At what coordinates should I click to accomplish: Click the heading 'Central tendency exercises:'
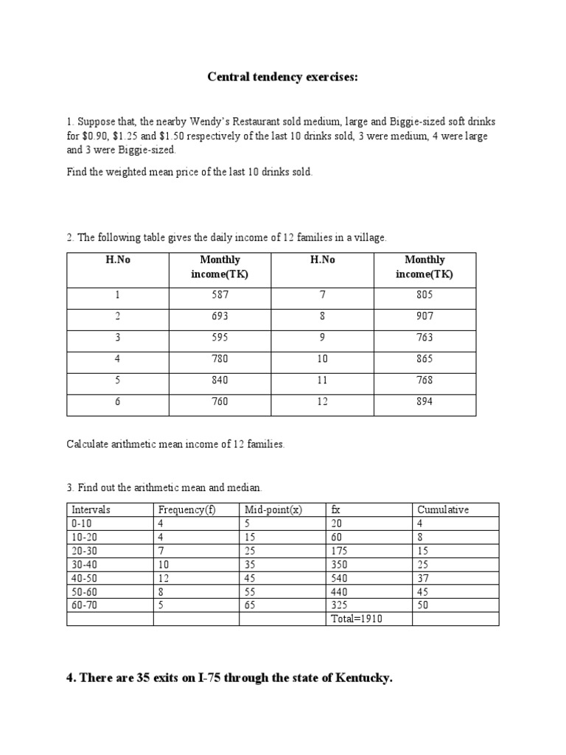pyautogui.click(x=282, y=78)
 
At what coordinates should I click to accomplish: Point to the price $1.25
pyautogui.click(x=130, y=136)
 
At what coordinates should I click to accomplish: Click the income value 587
pyautogui.click(x=220, y=294)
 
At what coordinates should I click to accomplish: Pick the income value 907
pyautogui.click(x=424, y=316)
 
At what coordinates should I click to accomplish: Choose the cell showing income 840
pyautogui.click(x=220, y=380)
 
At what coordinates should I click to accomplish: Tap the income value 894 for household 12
pyautogui.click(x=424, y=401)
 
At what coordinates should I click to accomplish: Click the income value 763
pyautogui.click(x=424, y=337)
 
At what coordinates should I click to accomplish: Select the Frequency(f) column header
pyautogui.click(x=186, y=509)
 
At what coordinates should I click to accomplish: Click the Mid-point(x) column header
pyautogui.click(x=273, y=509)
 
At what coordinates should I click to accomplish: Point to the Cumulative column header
pyautogui.click(x=443, y=509)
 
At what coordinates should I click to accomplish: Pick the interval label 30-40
pyautogui.click(x=82, y=564)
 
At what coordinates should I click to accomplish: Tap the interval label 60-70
pyautogui.click(x=82, y=605)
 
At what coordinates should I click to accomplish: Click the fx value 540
pyautogui.click(x=340, y=578)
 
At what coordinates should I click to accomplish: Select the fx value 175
pyautogui.click(x=340, y=551)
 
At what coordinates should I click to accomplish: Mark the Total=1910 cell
pyautogui.click(x=357, y=619)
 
